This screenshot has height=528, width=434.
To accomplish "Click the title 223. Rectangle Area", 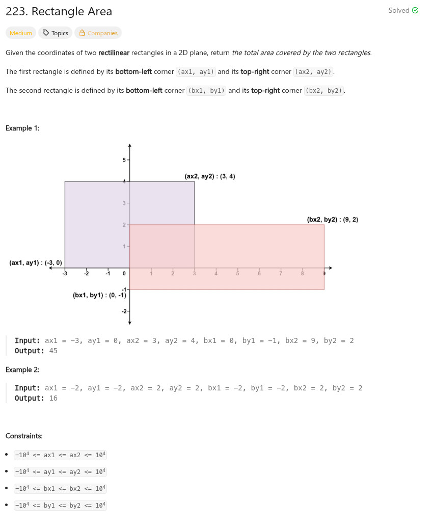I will [59, 11].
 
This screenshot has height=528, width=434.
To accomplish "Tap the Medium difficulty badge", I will [21, 33].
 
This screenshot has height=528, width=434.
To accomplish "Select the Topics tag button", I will [55, 33].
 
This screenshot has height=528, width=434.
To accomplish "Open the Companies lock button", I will [98, 33].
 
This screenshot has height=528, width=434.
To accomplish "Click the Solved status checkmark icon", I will [415, 10].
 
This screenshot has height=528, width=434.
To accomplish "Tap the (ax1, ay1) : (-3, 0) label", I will [35, 263].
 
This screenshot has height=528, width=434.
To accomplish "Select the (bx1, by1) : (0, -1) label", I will [99, 295].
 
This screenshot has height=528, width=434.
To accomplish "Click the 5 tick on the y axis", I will [124, 160].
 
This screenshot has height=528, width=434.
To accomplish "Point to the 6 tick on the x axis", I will [259, 274].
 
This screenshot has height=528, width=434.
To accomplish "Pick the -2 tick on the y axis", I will [124, 311].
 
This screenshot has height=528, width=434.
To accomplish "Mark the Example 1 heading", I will [22, 128].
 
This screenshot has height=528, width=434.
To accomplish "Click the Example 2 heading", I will [22, 369].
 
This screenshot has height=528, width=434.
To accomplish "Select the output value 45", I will [53, 351].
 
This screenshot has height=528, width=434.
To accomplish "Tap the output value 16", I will [53, 398].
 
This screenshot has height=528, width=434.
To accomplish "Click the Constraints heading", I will [24, 436].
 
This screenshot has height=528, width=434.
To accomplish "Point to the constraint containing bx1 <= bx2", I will [60, 488].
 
